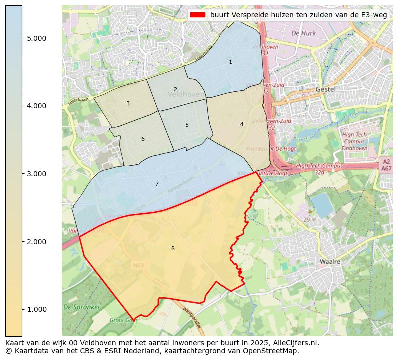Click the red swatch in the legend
coord(198,15)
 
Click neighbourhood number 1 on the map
coord(230,62)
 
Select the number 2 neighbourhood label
coord(175,89)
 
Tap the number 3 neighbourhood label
coord(128,103)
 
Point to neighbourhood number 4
coord(242,124)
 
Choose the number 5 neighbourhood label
coord(187,125)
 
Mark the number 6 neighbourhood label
coord(143,139)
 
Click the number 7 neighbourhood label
coord(157,184)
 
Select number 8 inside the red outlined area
coord(173,248)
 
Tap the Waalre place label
coord(330,262)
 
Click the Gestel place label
coord(325,89)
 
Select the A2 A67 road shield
coord(386,165)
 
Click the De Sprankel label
coord(81,307)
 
